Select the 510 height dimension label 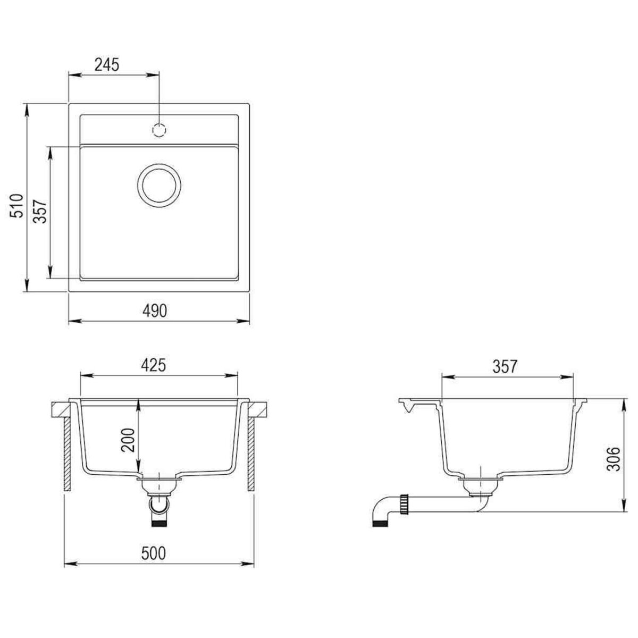click(x=18, y=205)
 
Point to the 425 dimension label click(x=154, y=365)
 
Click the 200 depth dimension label click(x=128, y=440)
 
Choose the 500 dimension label click(x=154, y=553)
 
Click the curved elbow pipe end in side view click(x=381, y=515)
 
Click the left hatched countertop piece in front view click(x=61, y=409)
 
